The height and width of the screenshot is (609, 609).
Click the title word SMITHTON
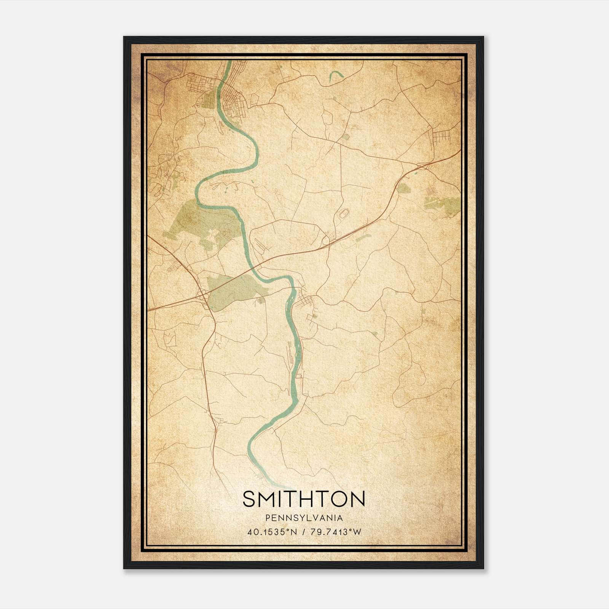coord(304,499)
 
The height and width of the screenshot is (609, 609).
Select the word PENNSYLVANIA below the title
coord(304,518)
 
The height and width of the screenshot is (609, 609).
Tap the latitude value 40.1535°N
coord(272,532)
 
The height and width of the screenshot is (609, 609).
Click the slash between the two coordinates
coord(303,532)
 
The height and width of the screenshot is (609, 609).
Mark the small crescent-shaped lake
coord(336,76)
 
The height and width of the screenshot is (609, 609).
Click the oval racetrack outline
coord(344,214)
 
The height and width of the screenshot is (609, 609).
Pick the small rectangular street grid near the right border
coord(442,136)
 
